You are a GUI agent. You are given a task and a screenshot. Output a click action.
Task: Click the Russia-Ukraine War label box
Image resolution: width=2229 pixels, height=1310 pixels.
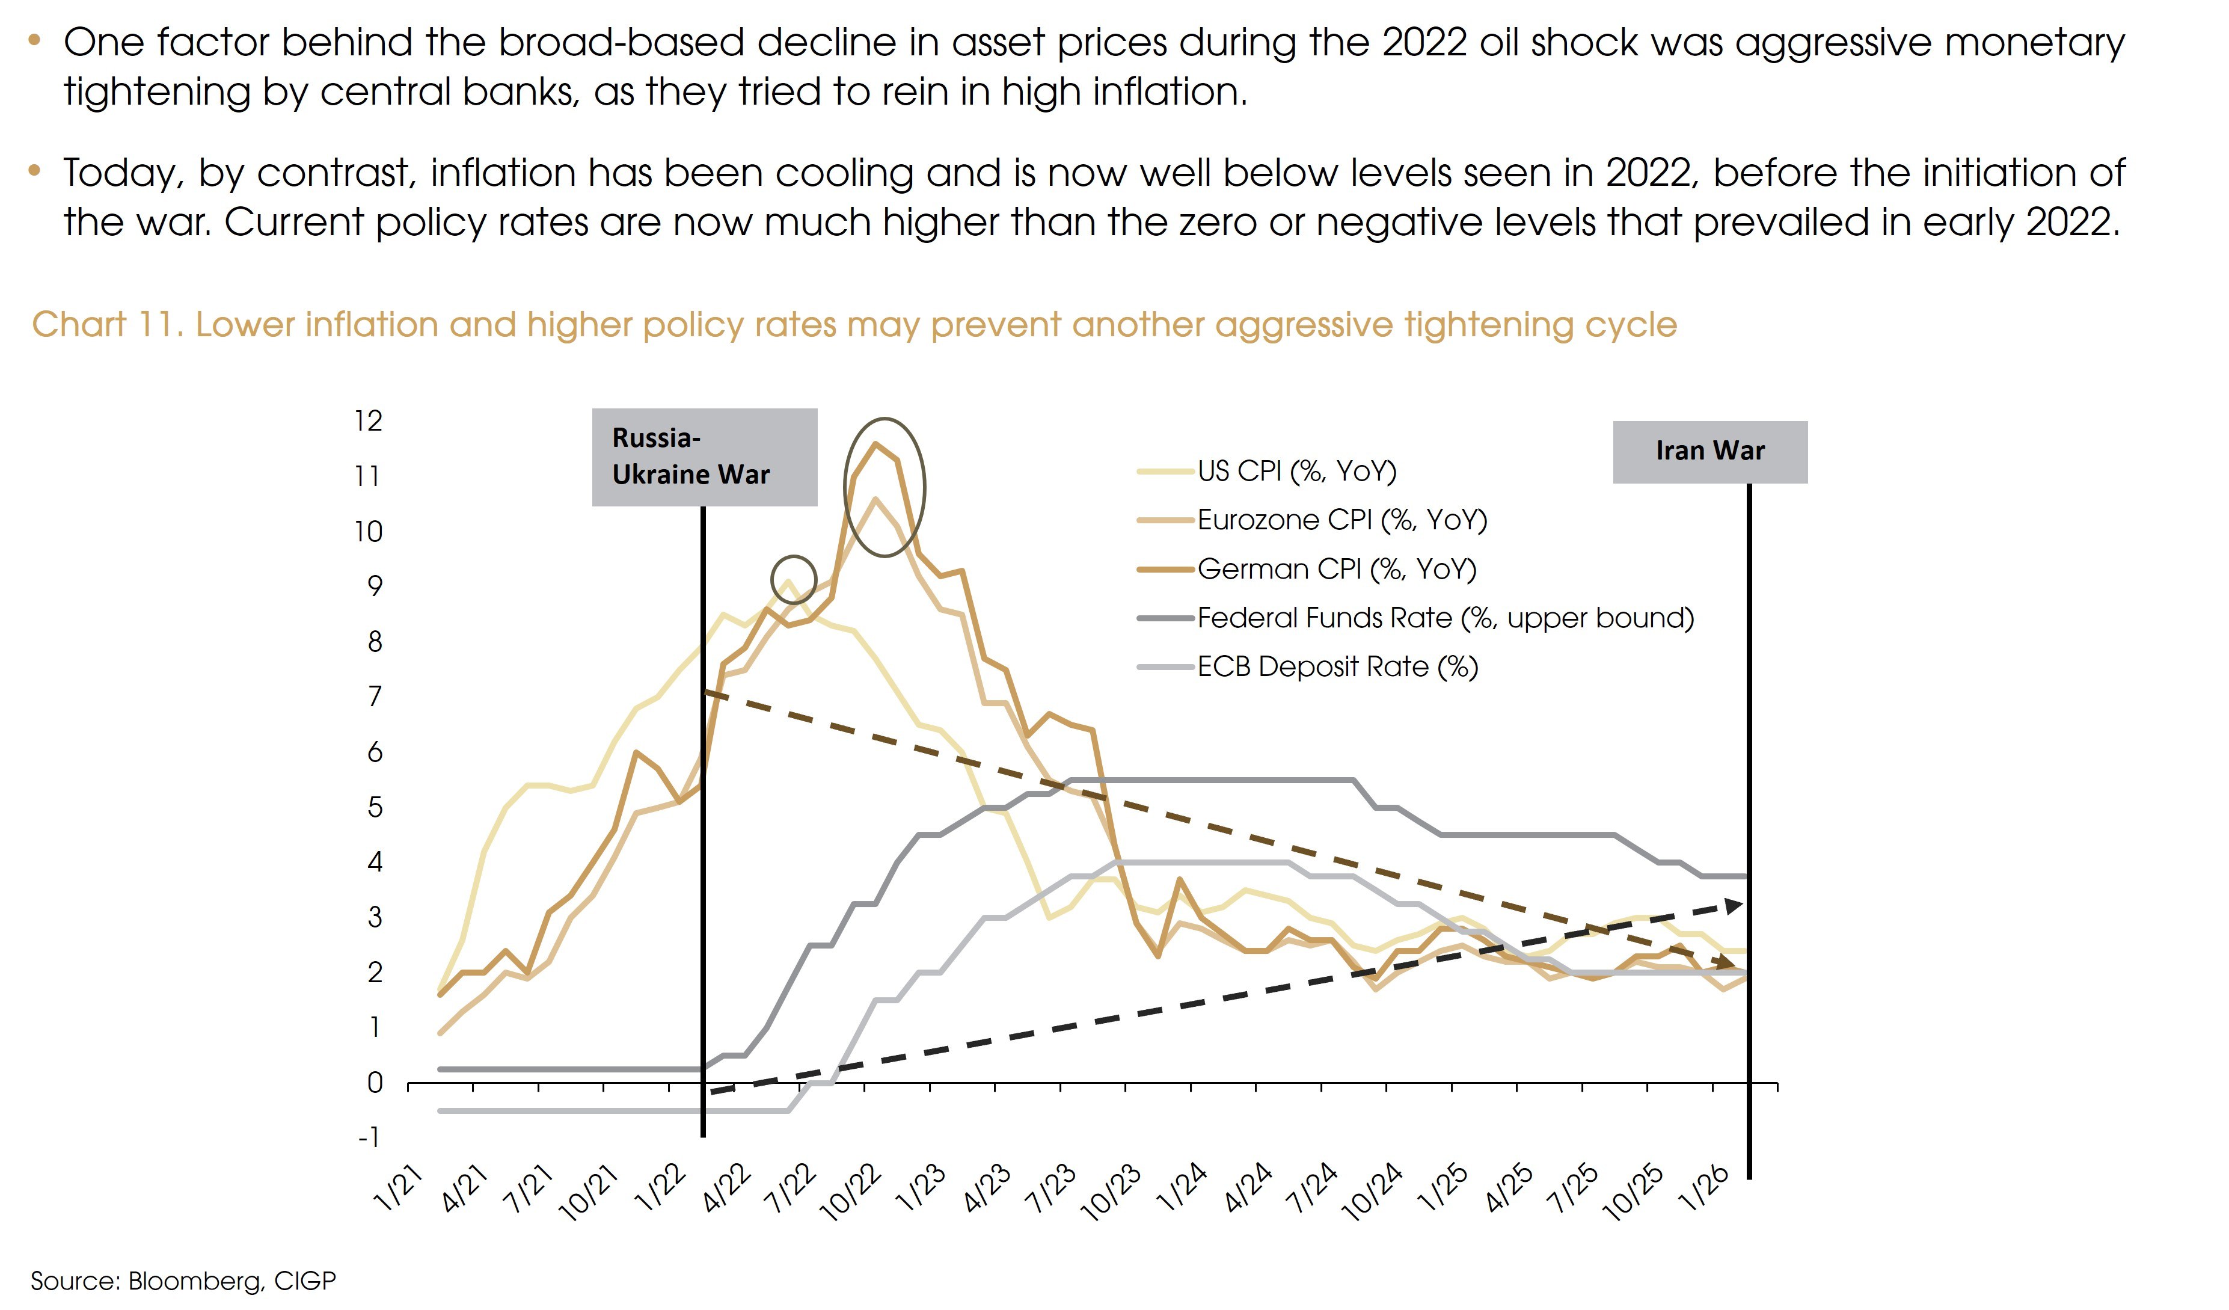tap(704, 457)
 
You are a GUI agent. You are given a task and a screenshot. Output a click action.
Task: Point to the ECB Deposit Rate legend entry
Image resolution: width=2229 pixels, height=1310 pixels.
tap(1337, 666)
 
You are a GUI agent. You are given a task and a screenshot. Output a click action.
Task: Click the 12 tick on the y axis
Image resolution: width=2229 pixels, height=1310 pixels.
tap(369, 421)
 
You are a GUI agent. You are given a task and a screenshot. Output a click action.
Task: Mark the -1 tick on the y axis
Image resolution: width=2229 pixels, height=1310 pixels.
tap(369, 1137)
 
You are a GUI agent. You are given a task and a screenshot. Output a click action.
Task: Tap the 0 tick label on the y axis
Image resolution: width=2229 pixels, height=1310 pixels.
tap(375, 1083)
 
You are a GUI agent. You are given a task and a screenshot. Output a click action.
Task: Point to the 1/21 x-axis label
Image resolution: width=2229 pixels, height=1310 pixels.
tap(398, 1189)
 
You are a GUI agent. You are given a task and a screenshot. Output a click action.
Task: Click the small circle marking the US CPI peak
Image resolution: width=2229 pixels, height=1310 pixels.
tap(794, 579)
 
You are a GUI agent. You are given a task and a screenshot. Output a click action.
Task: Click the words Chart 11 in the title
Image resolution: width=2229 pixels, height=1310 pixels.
tap(106, 325)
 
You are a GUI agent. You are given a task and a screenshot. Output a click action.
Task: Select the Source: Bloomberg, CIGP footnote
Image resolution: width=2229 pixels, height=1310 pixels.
tap(183, 1280)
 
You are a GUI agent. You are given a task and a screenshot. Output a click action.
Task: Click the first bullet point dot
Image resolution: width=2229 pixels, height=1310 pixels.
tap(34, 39)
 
